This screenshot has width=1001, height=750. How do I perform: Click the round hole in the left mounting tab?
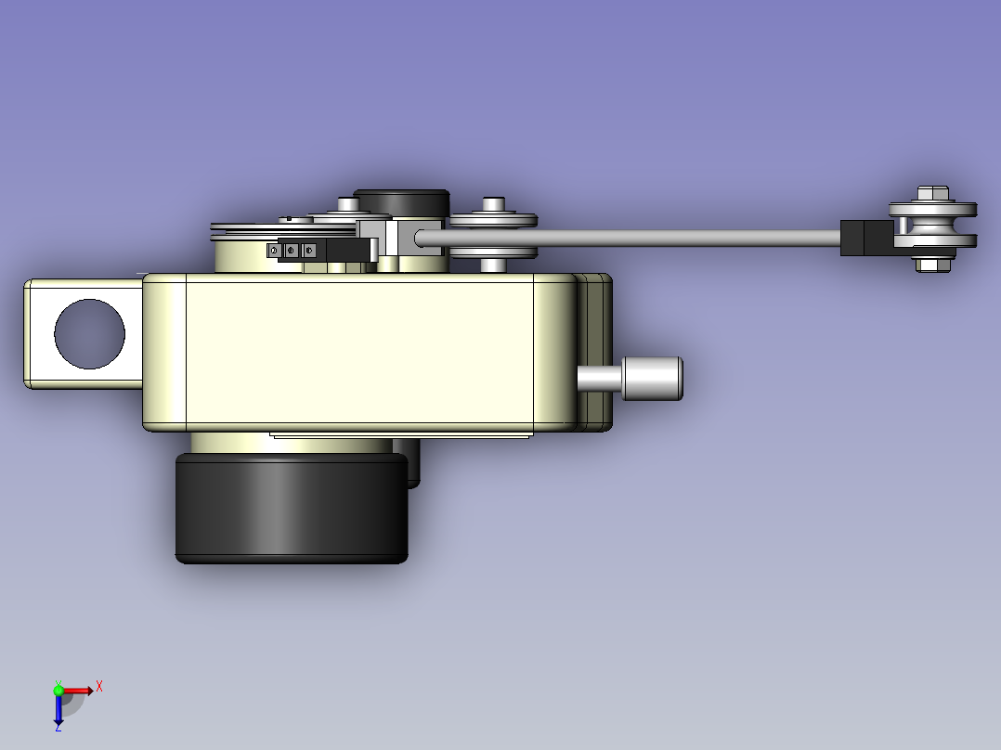(x=89, y=334)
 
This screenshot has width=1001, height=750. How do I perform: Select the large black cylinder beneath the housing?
(x=292, y=508)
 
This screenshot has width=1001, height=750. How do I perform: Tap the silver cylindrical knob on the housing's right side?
(x=652, y=379)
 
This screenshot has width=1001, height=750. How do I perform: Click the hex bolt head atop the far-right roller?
(x=932, y=193)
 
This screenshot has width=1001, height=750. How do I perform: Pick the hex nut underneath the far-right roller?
(x=932, y=265)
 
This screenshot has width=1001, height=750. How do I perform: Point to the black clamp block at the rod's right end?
(x=867, y=238)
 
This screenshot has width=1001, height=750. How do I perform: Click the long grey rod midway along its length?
(x=628, y=238)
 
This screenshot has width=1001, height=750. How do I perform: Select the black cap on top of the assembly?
(x=402, y=203)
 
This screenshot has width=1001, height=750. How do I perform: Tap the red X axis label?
(x=99, y=687)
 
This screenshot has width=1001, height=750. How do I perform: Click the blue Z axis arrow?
(x=58, y=710)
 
